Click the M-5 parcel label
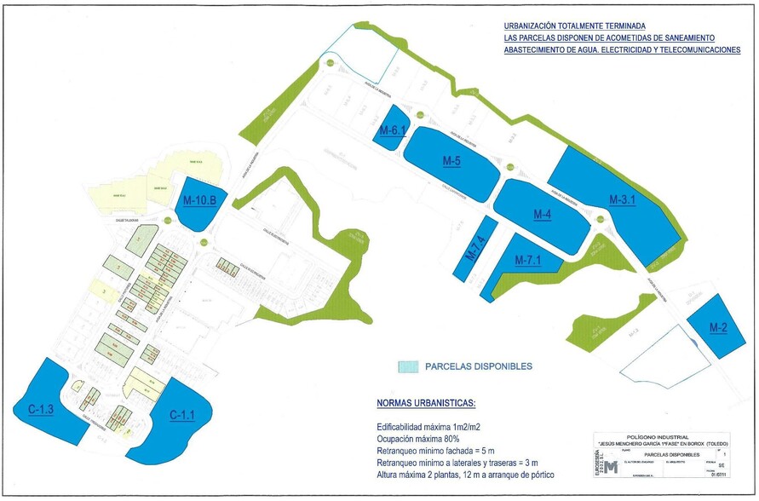pyautogui.click(x=451, y=161)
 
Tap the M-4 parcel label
pyautogui.click(x=543, y=214)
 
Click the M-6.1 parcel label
pyautogui.click(x=393, y=131)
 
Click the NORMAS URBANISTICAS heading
pyautogui.click(x=427, y=403)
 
